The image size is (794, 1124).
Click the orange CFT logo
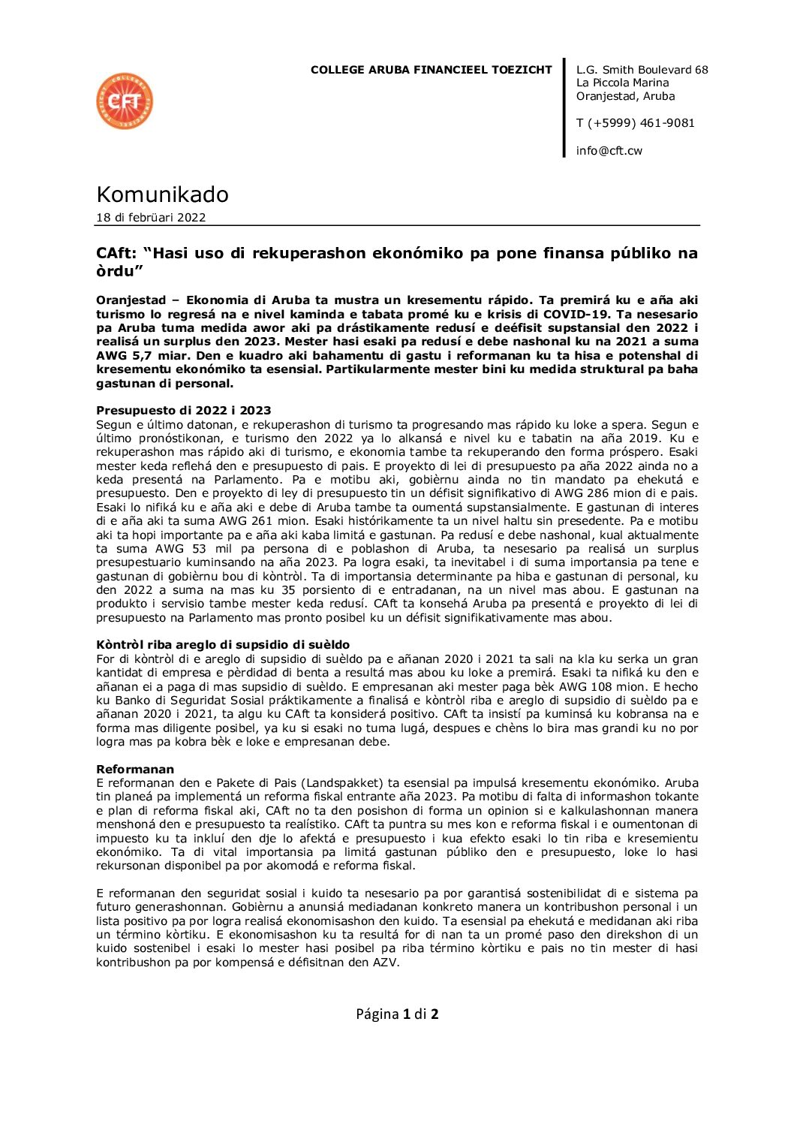(125, 101)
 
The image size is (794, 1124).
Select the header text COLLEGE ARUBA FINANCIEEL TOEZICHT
(431, 70)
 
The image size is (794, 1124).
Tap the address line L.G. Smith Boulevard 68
(642, 70)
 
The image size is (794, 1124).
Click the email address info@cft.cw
(609, 151)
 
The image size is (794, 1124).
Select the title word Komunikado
(162, 194)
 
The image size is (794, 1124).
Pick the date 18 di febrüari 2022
(151, 218)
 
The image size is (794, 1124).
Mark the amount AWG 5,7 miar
(137, 355)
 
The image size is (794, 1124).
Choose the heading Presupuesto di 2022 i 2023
(184, 411)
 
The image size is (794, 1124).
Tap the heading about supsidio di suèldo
(223, 645)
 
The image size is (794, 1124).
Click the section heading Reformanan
(135, 770)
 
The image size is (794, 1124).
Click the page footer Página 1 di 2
(397, 1014)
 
